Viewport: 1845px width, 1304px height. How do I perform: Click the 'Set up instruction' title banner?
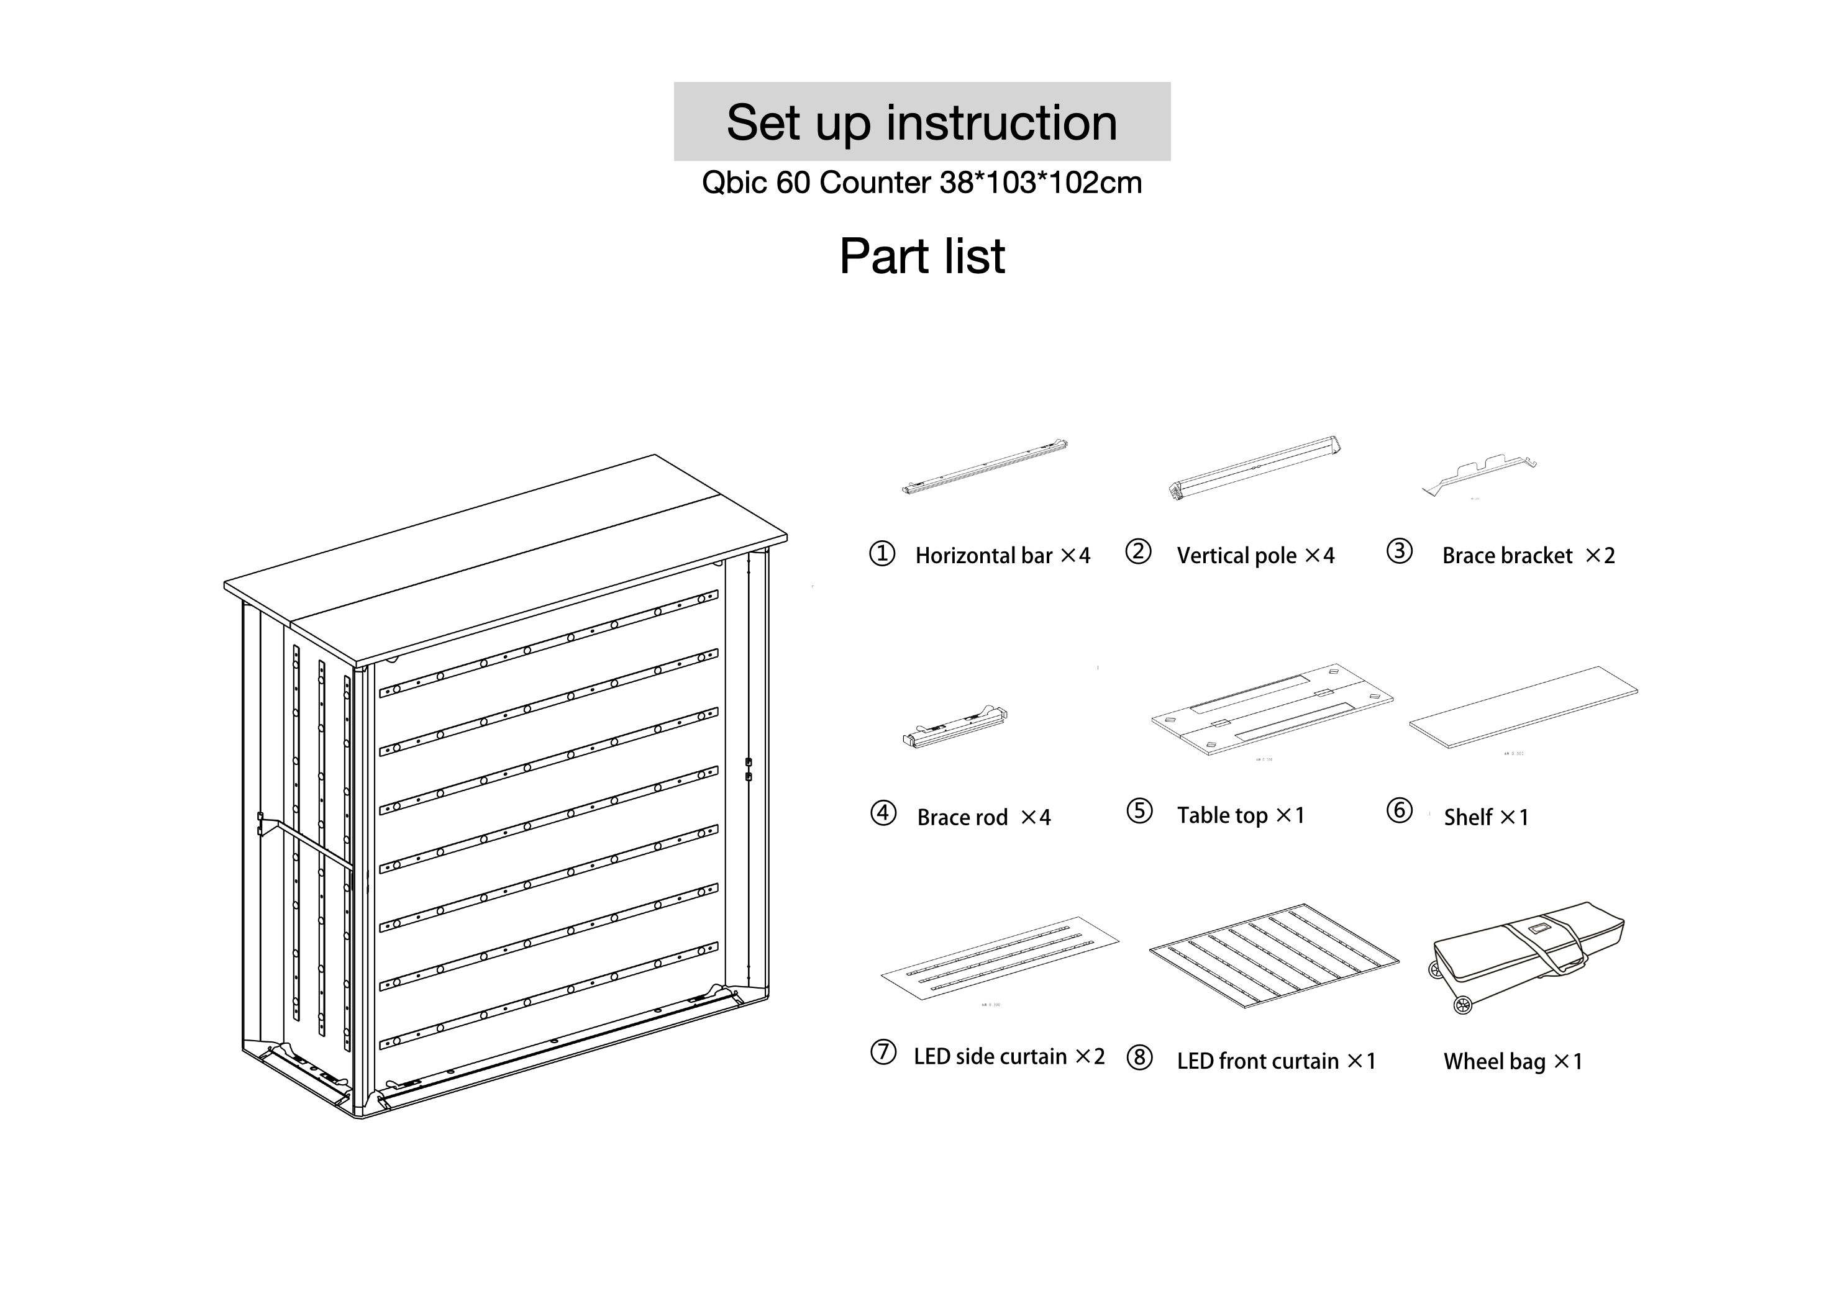coord(922,122)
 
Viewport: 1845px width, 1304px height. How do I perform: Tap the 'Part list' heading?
coord(922,256)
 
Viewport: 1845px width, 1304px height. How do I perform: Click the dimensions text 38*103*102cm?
coord(1040,183)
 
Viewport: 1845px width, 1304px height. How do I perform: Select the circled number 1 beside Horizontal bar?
coord(881,553)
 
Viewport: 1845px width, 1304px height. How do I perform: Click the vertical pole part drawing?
coord(1254,468)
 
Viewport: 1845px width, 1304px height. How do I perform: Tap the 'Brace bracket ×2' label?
coord(1528,555)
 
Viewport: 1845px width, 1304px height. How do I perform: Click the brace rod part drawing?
coord(955,727)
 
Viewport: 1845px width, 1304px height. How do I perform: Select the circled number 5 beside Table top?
coord(1139,812)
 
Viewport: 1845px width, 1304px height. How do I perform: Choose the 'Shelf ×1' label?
coord(1485,817)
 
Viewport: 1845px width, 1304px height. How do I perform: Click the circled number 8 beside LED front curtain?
coord(1139,1058)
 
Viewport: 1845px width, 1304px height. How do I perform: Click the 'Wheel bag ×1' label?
coord(1512,1061)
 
